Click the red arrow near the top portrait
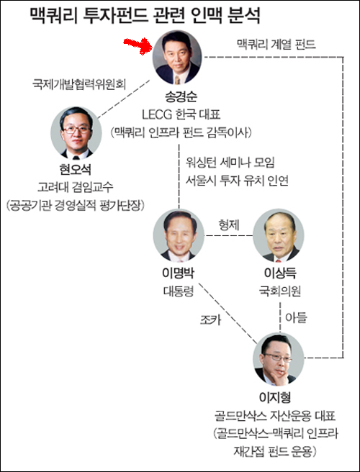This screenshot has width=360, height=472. (x=137, y=46)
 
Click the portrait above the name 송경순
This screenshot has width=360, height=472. (x=177, y=57)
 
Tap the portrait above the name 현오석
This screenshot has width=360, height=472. (x=76, y=132)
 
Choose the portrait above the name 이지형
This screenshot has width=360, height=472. (x=279, y=358)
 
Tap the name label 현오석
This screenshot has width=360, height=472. (x=76, y=171)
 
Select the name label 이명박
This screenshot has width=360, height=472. (x=179, y=273)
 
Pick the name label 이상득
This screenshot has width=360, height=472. (x=280, y=273)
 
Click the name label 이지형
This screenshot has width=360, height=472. (x=275, y=398)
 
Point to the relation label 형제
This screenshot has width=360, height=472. (x=229, y=225)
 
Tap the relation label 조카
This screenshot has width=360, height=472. (x=210, y=320)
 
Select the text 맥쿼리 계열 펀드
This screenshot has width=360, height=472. (x=276, y=45)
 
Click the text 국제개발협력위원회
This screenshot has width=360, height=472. (x=79, y=84)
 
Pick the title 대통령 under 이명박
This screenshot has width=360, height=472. (x=179, y=291)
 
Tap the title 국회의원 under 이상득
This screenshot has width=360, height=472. (x=280, y=291)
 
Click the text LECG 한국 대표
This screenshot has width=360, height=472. (x=181, y=114)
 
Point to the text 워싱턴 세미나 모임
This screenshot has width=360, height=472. (x=230, y=163)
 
